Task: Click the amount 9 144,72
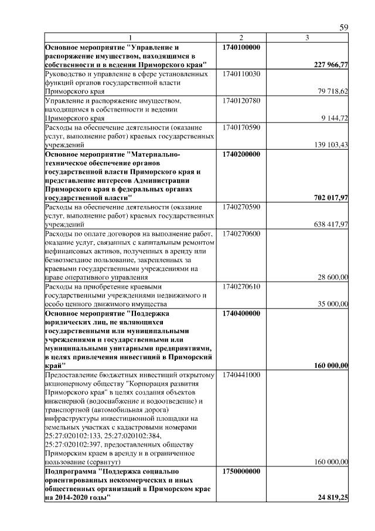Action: tap(335, 118)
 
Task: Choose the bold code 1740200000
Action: tap(242, 154)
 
